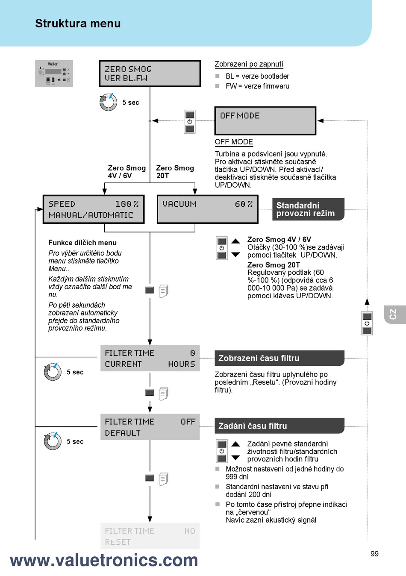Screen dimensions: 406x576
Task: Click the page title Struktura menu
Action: pyautogui.click(x=78, y=24)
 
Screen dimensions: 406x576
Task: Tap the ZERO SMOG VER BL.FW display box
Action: pyautogui.click(x=150, y=73)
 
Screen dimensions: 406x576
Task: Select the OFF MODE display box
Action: pyautogui.click(x=265, y=120)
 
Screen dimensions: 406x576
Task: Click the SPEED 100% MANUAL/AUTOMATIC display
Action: pyautogui.click(x=94, y=209)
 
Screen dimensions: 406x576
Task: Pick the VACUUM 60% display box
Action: pyautogui.click(x=208, y=209)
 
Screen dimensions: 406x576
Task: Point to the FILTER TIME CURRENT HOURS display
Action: pyautogui.click(x=150, y=358)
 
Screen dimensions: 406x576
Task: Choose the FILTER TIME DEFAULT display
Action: pyautogui.click(x=150, y=427)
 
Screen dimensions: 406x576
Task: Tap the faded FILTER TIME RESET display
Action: pyautogui.click(x=150, y=536)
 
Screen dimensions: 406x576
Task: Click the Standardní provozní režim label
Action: pyautogui.click(x=308, y=209)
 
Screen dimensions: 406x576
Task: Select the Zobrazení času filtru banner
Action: pyautogui.click(x=279, y=358)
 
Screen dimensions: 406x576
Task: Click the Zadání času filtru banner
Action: pyautogui.click(x=279, y=426)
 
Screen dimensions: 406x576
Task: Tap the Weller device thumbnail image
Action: pyautogui.click(x=54, y=73)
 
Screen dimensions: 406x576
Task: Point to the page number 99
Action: pyautogui.click(x=374, y=554)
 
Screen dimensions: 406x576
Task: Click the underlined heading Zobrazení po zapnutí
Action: pyautogui.click(x=249, y=64)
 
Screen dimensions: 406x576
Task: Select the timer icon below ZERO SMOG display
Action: pyautogui.click(x=108, y=102)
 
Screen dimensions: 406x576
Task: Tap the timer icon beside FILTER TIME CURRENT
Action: pyautogui.click(x=53, y=372)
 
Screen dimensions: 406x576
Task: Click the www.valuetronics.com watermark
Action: pyautogui.click(x=104, y=560)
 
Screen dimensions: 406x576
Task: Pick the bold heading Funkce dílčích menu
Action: pyautogui.click(x=82, y=242)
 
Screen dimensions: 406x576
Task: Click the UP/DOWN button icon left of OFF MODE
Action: pyautogui.click(x=190, y=122)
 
